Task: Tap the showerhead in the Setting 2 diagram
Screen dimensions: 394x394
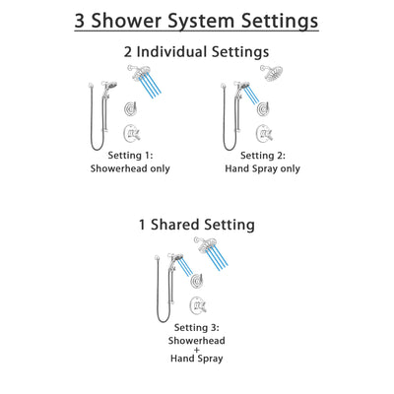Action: click(270, 72)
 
